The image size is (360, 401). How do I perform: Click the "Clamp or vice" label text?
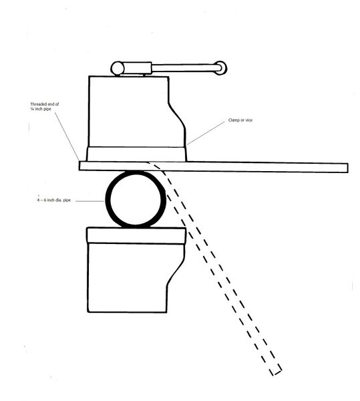pos(240,120)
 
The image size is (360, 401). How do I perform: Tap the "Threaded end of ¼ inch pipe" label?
pos(45,106)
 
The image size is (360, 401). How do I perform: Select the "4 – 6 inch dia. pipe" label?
pos(54,200)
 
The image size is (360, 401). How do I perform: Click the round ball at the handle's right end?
pos(220,68)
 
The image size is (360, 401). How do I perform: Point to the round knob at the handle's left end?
pos(118,68)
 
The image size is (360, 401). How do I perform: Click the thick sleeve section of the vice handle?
pos(138,68)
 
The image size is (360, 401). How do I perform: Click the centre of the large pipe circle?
pos(136,199)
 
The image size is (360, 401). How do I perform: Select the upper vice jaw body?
pos(137,112)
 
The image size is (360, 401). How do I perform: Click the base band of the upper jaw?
pos(136,154)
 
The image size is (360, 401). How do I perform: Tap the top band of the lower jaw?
pos(136,235)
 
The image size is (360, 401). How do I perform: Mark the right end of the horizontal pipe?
pos(347,168)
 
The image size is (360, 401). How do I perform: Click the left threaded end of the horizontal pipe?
pos(80,166)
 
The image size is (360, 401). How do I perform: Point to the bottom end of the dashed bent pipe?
pos(277,372)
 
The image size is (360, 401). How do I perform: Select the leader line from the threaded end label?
pos(67,137)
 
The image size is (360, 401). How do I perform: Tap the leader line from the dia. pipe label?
pos(89,201)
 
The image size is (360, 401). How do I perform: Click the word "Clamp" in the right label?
pos(234,120)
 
